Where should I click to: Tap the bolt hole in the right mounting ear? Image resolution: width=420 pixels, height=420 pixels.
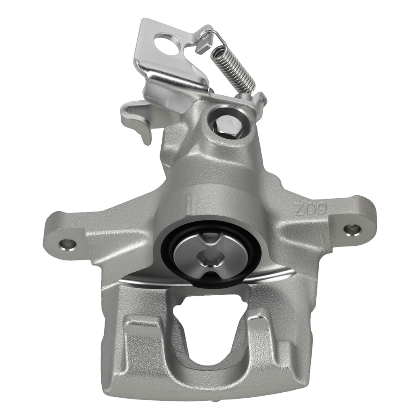coord(352,229)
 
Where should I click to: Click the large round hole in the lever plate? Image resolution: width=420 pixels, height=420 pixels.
coord(164,44)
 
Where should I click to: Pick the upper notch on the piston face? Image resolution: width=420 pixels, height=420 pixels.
coord(209,239)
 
